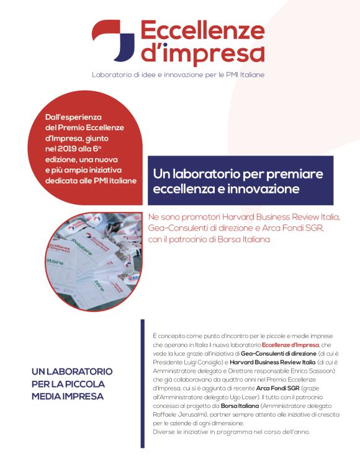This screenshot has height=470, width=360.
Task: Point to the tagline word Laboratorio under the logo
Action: click(112, 75)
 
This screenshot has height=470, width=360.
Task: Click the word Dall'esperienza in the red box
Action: click(74, 117)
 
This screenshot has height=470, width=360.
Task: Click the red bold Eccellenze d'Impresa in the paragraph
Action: click(290, 344)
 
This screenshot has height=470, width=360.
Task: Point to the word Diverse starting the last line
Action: click(163, 432)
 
